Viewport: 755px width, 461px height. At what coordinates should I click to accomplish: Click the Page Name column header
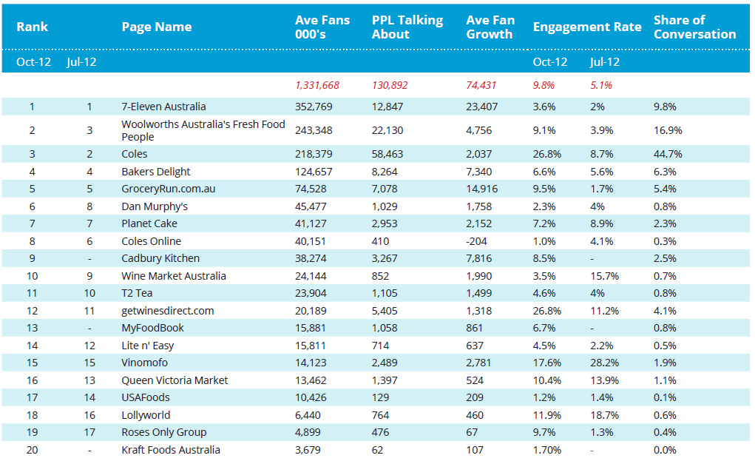coord(157,27)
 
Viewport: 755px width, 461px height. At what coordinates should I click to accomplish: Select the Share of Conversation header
coord(695,27)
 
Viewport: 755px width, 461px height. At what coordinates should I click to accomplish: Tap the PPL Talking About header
coord(407,27)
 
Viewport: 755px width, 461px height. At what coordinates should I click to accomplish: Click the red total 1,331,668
coord(316,85)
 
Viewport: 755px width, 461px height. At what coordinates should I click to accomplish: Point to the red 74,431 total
coord(481,85)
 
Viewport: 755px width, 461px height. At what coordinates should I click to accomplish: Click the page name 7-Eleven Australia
coord(163,107)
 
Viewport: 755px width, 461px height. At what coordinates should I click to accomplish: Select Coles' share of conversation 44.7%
coord(668,154)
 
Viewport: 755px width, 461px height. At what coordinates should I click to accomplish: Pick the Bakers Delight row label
coord(155,172)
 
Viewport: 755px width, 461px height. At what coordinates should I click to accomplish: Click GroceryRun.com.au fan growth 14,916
coord(481,189)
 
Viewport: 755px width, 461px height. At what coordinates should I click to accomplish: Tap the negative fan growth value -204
coord(476,241)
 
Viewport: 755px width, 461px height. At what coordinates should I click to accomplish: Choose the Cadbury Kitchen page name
coord(160,258)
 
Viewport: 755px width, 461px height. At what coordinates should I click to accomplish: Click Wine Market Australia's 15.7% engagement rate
coord(604,276)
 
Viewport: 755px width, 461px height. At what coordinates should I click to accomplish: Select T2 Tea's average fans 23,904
coord(311,293)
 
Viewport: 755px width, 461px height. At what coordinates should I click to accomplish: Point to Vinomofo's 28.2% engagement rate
coord(604,363)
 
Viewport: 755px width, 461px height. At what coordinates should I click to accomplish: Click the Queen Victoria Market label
coord(175,380)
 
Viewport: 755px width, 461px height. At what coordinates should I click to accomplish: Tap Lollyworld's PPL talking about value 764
coord(380,415)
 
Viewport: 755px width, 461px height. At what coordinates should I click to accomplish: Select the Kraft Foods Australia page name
coord(171,450)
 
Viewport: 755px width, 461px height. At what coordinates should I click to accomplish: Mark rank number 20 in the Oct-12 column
coord(33,450)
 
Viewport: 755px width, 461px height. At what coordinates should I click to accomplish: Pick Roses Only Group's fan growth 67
coord(472,432)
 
